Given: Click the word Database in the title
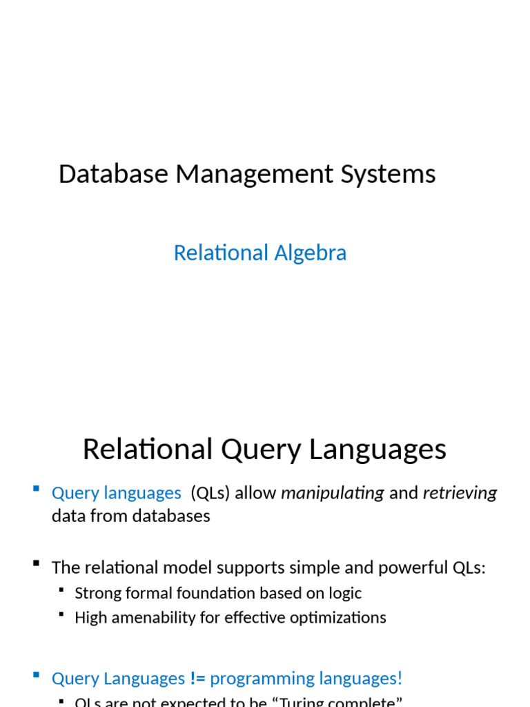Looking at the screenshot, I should click(x=113, y=174).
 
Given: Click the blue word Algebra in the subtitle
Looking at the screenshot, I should click(x=311, y=253).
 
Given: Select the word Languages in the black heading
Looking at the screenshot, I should click(x=377, y=449).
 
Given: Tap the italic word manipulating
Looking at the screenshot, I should click(x=333, y=493).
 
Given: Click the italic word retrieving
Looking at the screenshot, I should click(x=460, y=493).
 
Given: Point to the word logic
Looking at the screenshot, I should click(x=346, y=593).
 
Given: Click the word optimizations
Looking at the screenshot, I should click(x=337, y=617).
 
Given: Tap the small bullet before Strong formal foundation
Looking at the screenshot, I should click(x=61, y=590).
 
